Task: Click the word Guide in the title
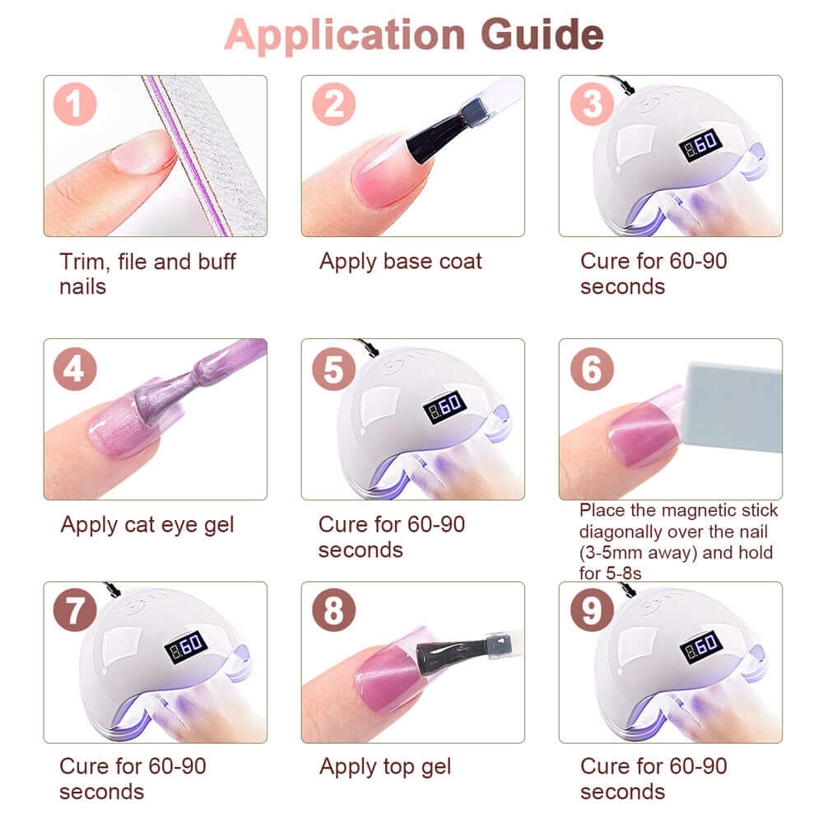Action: [542, 35]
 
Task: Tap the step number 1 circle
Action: [75, 104]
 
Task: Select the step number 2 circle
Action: [334, 104]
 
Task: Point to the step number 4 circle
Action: [75, 369]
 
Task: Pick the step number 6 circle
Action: [592, 369]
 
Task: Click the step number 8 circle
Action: [334, 610]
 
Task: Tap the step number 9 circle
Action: [592, 610]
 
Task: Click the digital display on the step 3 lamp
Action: [700, 144]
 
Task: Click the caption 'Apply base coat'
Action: [401, 262]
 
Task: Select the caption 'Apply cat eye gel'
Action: [147, 525]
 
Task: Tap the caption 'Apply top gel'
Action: [385, 767]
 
